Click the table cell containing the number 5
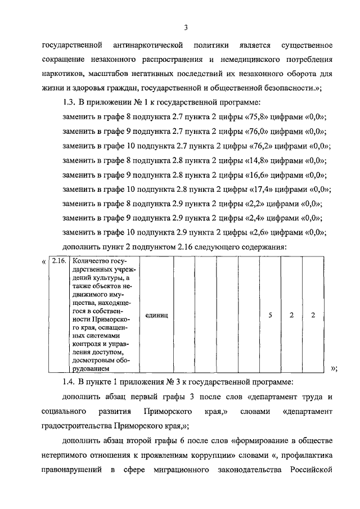coord(270,315)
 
